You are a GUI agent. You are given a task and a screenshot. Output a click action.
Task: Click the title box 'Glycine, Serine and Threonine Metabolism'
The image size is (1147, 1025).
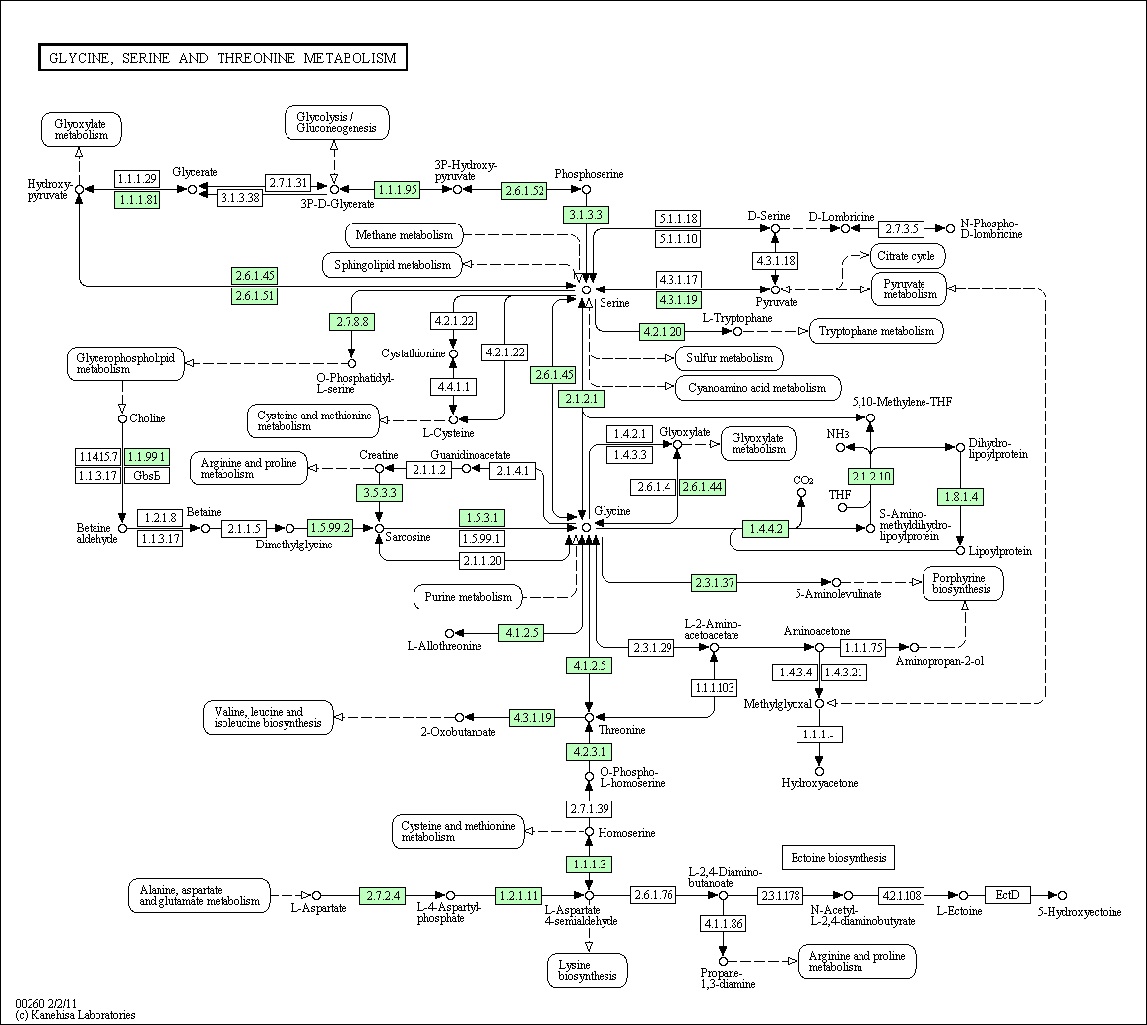(223, 58)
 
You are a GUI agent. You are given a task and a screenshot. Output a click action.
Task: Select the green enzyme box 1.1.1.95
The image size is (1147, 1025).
(398, 189)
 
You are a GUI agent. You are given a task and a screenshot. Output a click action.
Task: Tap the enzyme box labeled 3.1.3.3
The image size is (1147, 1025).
(587, 214)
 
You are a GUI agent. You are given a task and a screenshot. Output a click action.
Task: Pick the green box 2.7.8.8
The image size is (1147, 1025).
(350, 321)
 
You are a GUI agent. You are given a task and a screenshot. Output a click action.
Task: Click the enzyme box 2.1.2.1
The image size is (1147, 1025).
(583, 399)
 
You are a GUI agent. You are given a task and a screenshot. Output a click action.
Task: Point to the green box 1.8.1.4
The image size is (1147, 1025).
(961, 497)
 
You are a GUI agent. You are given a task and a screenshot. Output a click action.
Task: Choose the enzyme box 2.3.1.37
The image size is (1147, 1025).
(714, 582)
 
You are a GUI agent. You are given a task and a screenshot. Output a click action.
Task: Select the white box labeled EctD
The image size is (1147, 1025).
(1007, 895)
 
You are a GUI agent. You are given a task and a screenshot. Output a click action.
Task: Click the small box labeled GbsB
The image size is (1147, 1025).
(147, 476)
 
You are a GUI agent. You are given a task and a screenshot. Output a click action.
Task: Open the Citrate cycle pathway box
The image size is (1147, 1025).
(908, 257)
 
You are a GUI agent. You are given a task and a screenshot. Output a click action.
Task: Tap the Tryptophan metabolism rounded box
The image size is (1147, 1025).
(876, 331)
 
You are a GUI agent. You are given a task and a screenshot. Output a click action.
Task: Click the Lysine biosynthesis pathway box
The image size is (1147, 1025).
(588, 970)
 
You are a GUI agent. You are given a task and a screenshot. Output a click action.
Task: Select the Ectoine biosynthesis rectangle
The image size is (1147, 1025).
(838, 858)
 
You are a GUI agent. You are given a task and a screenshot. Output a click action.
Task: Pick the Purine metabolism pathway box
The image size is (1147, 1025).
(469, 597)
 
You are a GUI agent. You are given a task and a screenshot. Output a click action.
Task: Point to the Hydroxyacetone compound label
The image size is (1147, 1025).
(819, 783)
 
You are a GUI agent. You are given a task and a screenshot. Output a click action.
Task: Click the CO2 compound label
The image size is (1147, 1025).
(802, 480)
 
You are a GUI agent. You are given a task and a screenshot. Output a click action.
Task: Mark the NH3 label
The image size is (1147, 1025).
(838, 434)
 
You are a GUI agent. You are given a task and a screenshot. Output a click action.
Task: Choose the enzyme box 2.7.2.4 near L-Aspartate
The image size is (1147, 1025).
(383, 895)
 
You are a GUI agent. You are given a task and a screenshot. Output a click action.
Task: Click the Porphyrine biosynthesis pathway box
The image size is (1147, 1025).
(964, 583)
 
